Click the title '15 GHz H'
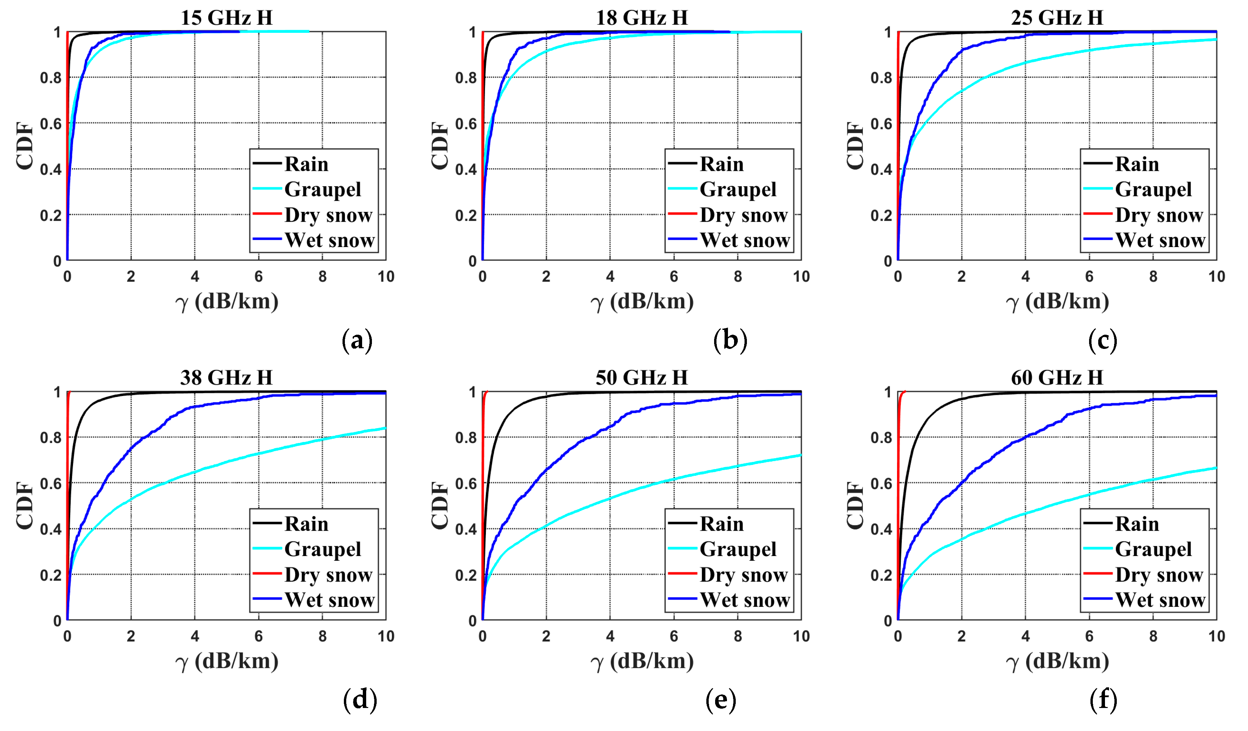point(226,18)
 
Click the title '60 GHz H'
point(1057,378)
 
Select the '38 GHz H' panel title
point(226,378)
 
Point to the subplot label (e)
point(721,700)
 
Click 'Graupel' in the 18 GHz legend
point(738,189)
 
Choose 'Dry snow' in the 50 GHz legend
point(743,575)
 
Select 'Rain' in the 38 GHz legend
point(306,524)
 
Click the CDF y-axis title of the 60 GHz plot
point(855,506)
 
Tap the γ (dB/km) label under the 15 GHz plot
point(226,301)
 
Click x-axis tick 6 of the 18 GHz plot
point(674,276)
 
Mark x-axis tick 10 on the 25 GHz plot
point(1216,276)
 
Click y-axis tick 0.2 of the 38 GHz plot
point(50,575)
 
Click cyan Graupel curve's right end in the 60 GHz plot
point(1216,468)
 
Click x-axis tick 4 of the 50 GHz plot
point(610,636)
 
